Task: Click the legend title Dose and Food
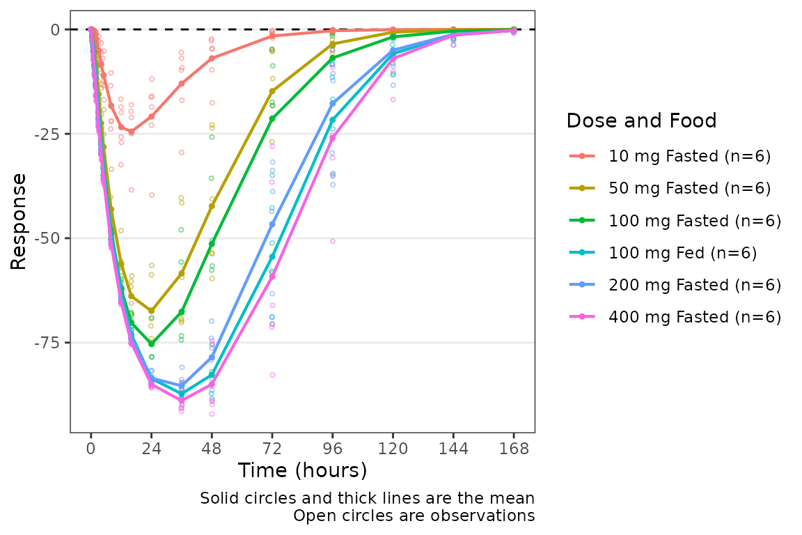point(641,121)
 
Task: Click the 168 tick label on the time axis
point(514,449)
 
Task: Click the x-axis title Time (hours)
point(302,471)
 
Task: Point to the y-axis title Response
point(19,221)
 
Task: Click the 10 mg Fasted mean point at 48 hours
point(212,58)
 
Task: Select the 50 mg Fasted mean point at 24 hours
point(151,311)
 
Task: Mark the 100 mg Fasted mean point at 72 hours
point(272,118)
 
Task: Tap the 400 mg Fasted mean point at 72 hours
point(272,277)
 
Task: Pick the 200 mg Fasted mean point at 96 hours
point(333,103)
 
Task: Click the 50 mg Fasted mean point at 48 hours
point(212,206)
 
